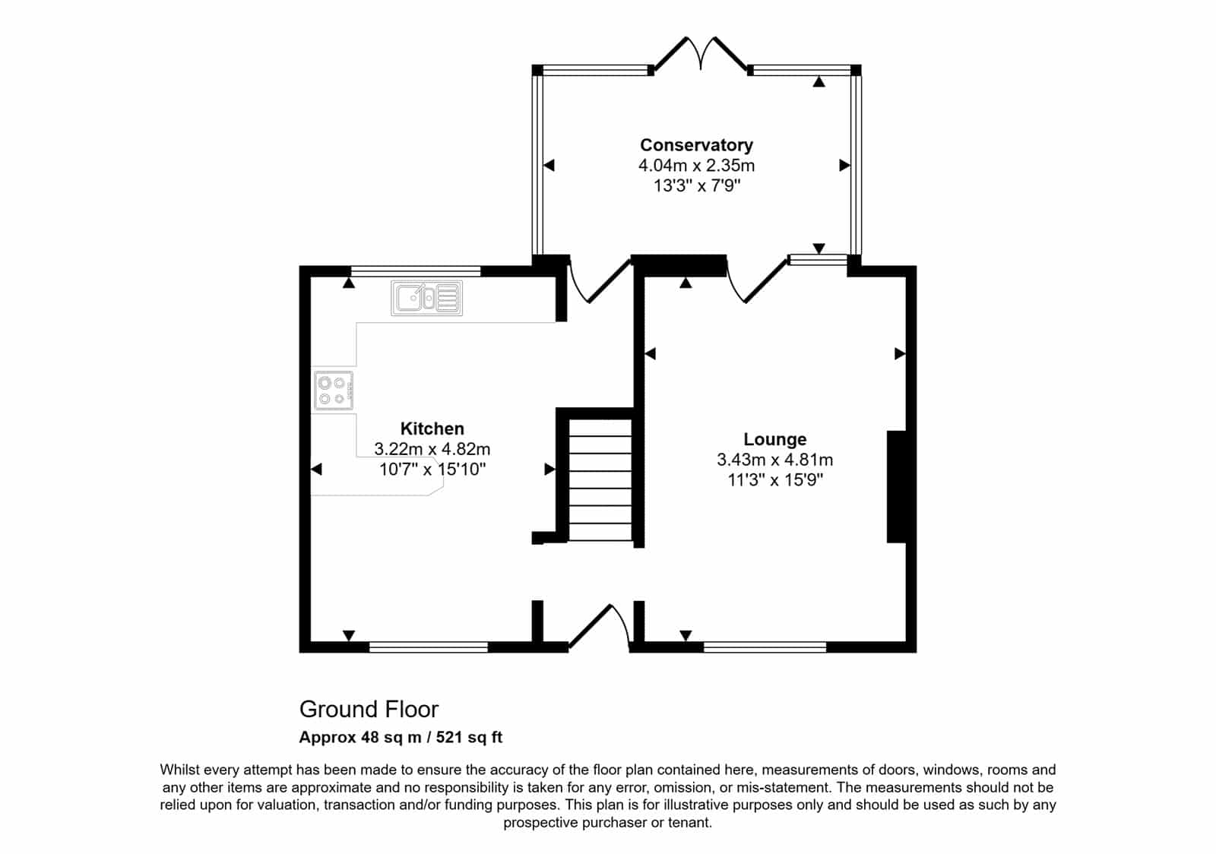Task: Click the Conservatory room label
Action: click(x=696, y=145)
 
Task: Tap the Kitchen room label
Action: click(x=432, y=429)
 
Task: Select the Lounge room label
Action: click(x=774, y=439)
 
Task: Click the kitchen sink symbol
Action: click(x=426, y=298)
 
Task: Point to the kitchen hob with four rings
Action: click(x=334, y=391)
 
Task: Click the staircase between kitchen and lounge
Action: click(x=600, y=479)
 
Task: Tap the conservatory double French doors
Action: click(x=700, y=54)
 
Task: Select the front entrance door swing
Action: click(x=599, y=627)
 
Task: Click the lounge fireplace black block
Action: click(x=896, y=487)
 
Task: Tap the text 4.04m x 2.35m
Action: click(x=696, y=165)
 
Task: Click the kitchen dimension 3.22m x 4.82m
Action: click(x=432, y=449)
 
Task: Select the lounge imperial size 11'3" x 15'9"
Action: click(x=775, y=479)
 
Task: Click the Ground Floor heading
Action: click(x=369, y=709)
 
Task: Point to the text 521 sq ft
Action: click(x=469, y=737)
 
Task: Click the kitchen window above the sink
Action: click(x=416, y=271)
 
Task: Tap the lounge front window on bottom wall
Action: click(x=765, y=647)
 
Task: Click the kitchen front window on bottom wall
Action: click(x=429, y=647)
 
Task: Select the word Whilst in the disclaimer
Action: click(x=180, y=770)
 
